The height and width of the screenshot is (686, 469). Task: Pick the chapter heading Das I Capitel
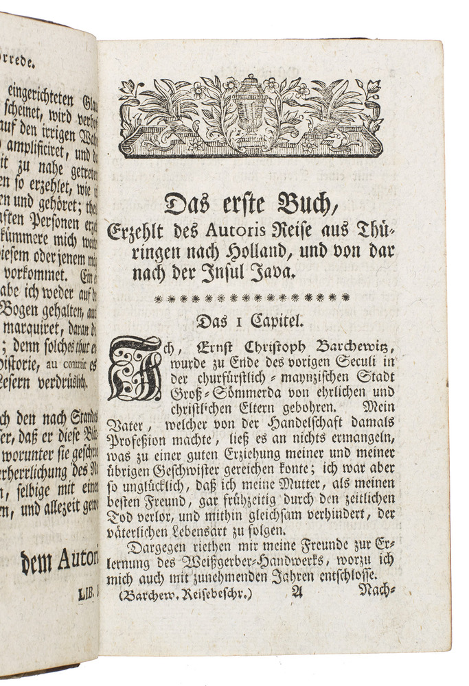pos(249,320)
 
